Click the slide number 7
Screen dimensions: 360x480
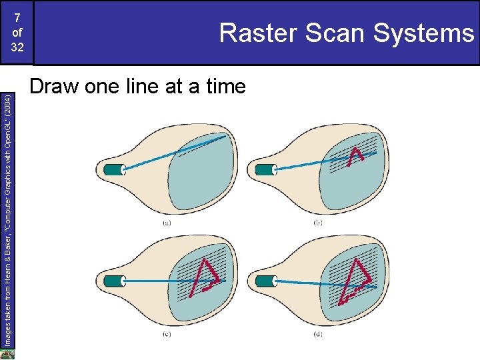tap(17, 17)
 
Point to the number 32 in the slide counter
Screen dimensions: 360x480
tap(17, 48)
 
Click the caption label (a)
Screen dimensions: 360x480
tap(166, 223)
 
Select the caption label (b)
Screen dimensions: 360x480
tap(318, 222)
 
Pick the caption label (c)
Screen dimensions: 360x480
tap(166, 334)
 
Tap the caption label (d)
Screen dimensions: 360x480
tap(318, 333)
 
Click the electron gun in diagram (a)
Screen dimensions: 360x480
tap(113, 169)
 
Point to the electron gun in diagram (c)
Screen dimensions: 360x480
tap(113, 280)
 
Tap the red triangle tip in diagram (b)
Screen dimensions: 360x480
tap(357, 153)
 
